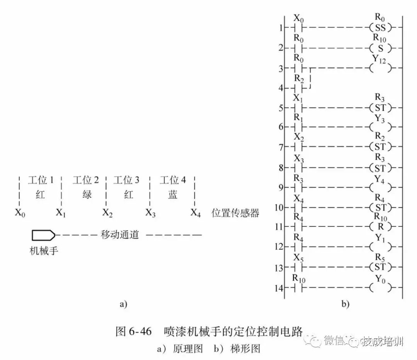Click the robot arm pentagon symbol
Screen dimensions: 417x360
(44, 235)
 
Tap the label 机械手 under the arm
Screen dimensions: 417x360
(44, 250)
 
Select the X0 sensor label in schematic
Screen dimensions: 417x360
(20, 213)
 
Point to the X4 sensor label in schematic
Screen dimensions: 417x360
(195, 213)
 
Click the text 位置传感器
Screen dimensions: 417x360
(235, 213)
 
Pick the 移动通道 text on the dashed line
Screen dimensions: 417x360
(120, 235)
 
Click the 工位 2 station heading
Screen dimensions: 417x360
(86, 181)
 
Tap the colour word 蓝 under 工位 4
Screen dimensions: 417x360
(173, 195)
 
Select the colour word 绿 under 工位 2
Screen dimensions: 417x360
(87, 195)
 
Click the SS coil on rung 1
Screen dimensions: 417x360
(380, 28)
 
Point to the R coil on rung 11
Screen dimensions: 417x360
(380, 226)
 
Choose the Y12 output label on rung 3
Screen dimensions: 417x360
(379, 59)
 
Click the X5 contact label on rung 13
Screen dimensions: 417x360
(298, 258)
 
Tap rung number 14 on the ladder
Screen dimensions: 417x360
(279, 288)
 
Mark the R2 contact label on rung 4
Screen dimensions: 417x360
(299, 79)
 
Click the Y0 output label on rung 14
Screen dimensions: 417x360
(380, 279)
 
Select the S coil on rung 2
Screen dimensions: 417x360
(380, 48)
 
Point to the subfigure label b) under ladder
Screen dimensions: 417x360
(345, 304)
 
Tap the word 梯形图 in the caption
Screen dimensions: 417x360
(245, 348)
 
